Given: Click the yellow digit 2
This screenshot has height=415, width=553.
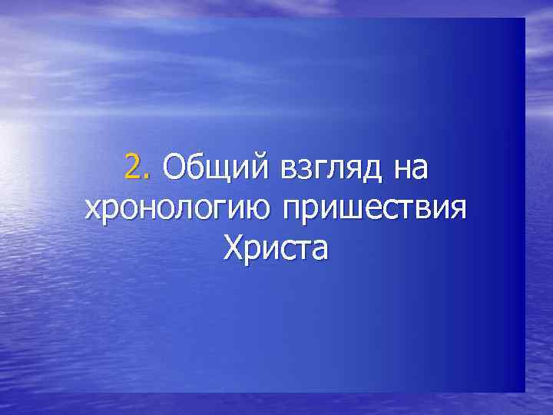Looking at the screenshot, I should [x=132, y=167].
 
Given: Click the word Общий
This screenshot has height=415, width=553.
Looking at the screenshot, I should [x=210, y=168].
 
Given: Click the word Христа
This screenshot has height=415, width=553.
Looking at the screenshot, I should [x=275, y=248].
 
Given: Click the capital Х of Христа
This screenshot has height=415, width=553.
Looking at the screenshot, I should [x=233, y=247].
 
